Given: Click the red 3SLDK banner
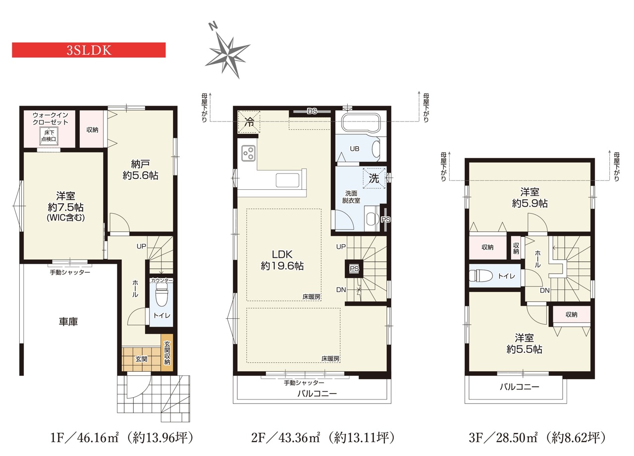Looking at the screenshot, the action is click(x=89, y=50).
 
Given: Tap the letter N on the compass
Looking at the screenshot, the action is click(x=213, y=26).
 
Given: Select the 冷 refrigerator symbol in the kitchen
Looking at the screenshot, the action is click(x=249, y=122).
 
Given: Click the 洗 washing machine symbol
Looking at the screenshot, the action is click(x=374, y=178).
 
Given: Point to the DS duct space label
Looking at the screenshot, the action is click(x=312, y=112).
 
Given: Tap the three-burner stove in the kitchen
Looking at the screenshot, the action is click(x=249, y=153).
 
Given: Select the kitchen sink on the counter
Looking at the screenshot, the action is click(x=287, y=180).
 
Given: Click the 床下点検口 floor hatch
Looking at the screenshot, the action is click(x=49, y=136).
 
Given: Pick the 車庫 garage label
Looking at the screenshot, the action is click(x=68, y=322).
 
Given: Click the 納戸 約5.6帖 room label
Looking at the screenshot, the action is click(x=140, y=170).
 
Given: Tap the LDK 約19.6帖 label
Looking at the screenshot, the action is click(x=282, y=260).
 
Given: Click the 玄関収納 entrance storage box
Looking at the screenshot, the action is click(x=167, y=352).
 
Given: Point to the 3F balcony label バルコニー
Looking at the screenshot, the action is click(x=519, y=387).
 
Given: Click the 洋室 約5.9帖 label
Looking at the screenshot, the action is click(x=529, y=198).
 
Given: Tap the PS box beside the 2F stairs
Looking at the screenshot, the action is click(x=354, y=268).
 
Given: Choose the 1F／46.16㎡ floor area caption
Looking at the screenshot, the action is click(x=122, y=438).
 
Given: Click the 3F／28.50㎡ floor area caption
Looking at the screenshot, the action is click(x=537, y=438).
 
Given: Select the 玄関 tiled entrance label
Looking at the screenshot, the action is click(x=141, y=359).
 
